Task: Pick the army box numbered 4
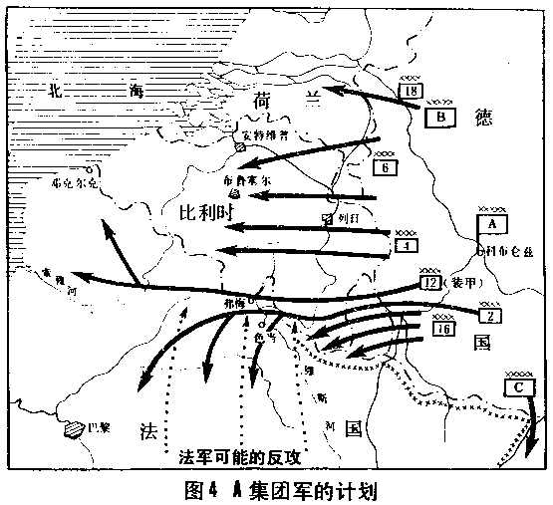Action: coord(405,245)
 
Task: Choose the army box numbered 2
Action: coord(490,317)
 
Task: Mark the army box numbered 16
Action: coord(444,329)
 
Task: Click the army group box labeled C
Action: coord(519,388)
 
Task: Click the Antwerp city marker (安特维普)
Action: coord(239,145)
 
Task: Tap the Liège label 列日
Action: coord(333,215)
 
